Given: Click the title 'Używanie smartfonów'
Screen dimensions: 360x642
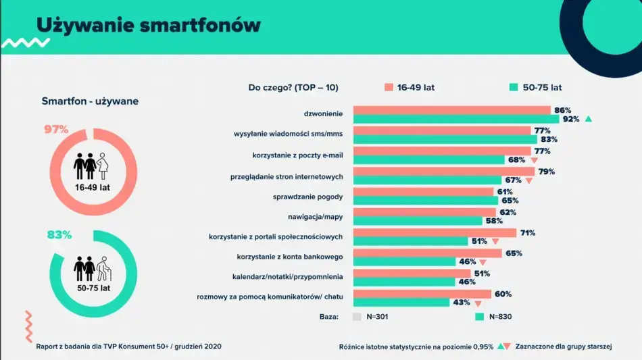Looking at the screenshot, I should point(148,25).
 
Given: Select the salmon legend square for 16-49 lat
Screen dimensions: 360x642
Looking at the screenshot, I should point(389,87).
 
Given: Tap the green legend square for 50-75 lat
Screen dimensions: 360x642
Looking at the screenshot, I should point(514,87).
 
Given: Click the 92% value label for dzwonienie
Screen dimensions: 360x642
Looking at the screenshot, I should point(571,119).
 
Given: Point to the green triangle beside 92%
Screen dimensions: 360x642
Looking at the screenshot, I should point(589,119).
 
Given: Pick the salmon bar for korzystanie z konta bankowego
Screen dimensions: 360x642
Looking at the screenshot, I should point(427,253).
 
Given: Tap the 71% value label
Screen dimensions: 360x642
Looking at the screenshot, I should point(528,233).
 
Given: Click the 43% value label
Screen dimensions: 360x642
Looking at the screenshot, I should point(462,302).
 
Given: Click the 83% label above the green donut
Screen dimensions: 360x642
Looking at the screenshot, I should point(59,235).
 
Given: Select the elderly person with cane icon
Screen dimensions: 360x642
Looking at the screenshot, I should point(103,269).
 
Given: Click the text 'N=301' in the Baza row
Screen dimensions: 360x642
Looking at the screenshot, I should point(376,316).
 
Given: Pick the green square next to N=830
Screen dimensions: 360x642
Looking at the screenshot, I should point(480,316).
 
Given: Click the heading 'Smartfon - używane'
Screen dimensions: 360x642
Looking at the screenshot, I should point(90,101).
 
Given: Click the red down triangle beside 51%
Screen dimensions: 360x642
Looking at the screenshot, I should point(495,241).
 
